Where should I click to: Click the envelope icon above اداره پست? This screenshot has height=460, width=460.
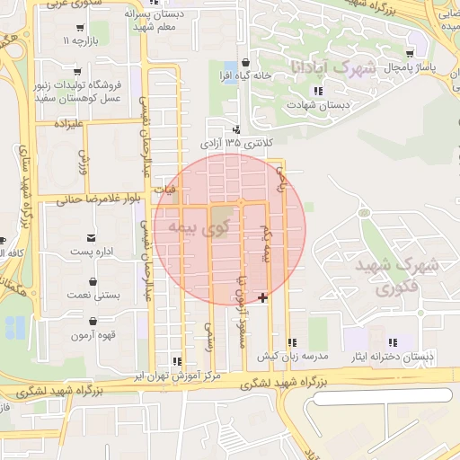pyautogui.click(x=92, y=240)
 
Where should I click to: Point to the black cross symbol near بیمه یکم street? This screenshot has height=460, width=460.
pyautogui.click(x=262, y=297)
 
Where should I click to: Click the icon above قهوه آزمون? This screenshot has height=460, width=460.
pyautogui.click(x=92, y=321)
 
